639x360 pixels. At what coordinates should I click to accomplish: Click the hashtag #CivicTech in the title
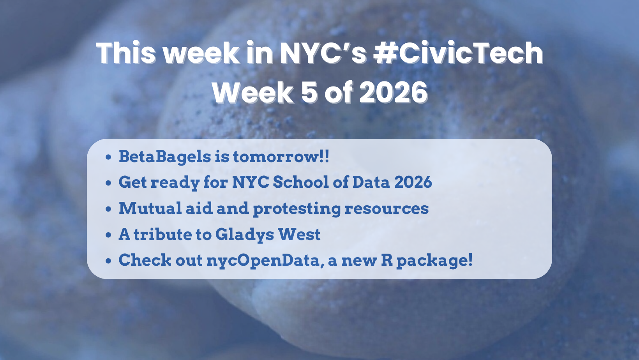click(x=458, y=53)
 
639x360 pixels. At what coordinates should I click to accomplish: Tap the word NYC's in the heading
click(x=323, y=53)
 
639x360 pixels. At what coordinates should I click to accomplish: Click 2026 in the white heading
click(x=394, y=92)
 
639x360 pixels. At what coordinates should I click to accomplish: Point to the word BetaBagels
click(x=165, y=156)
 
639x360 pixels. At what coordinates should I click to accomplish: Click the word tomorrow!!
click(x=281, y=156)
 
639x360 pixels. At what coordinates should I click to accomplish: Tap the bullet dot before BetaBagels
click(x=108, y=157)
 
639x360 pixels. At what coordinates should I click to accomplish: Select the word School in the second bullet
click(x=301, y=182)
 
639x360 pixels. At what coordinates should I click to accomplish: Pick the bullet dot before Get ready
click(x=108, y=183)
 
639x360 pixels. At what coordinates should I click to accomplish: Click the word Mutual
click(x=150, y=208)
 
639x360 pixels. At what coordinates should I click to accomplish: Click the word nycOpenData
click(x=263, y=260)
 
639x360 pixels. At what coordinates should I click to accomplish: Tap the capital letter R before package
click(x=387, y=260)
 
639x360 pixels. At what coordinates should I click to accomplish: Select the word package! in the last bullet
click(x=434, y=261)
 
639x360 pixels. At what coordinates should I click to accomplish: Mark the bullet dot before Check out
click(x=108, y=261)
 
